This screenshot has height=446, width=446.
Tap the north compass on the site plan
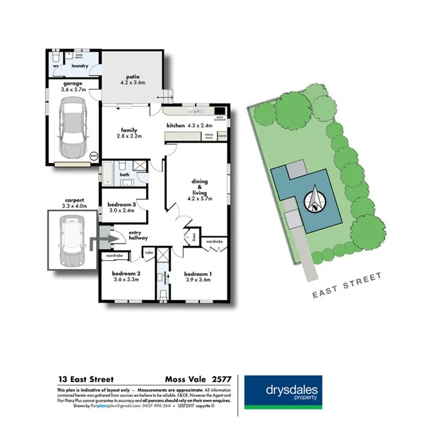click(x=315, y=201)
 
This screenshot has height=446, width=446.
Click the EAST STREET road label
click(x=348, y=286)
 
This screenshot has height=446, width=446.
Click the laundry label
click(x=80, y=66)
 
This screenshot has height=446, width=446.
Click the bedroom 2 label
click(x=126, y=273)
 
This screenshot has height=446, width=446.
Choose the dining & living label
click(x=199, y=186)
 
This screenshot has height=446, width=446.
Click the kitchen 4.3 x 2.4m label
click(x=190, y=126)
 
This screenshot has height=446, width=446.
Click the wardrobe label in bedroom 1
click(x=214, y=242)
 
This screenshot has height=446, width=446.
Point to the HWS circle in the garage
click(x=93, y=156)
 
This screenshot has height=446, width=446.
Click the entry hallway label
click(x=138, y=236)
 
